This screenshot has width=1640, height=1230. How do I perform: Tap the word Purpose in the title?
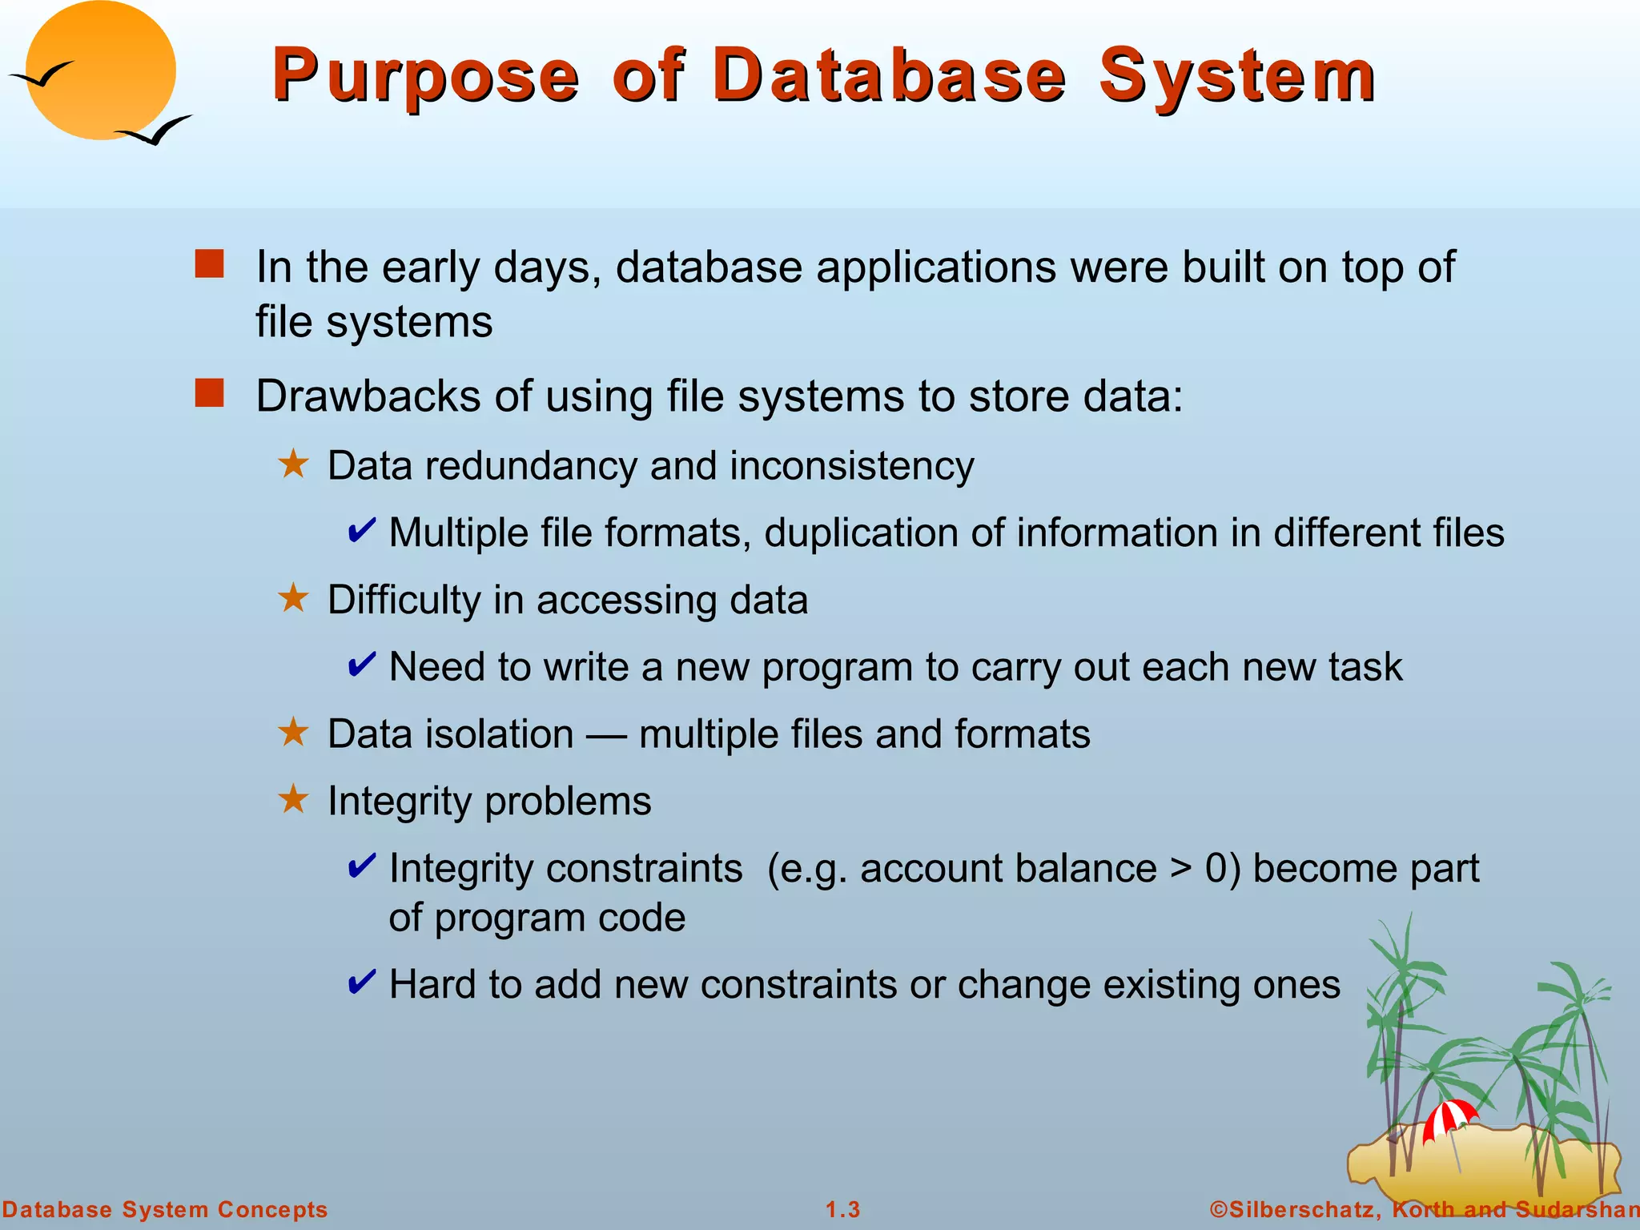click(425, 76)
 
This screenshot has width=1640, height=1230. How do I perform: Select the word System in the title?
click(1237, 76)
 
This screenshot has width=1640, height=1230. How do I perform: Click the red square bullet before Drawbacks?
click(210, 394)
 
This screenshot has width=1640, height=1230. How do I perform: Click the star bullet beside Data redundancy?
click(294, 464)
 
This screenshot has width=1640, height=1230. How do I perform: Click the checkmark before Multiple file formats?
click(362, 531)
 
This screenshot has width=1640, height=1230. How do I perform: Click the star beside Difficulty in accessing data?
click(294, 598)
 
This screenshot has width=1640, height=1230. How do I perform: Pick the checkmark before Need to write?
click(362, 665)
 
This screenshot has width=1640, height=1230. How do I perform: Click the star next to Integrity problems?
click(294, 799)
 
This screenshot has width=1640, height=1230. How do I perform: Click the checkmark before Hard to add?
click(362, 982)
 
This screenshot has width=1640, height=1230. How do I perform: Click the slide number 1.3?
click(843, 1209)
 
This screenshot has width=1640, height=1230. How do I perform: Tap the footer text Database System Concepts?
click(165, 1209)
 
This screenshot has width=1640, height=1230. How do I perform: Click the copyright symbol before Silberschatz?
click(1219, 1209)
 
